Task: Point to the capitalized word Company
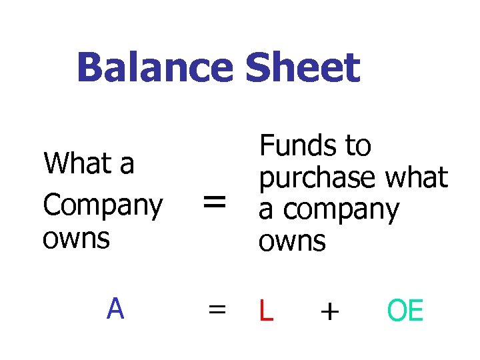(x=102, y=207)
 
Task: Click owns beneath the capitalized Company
(x=76, y=238)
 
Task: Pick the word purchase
(x=317, y=177)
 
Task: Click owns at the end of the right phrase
(x=292, y=241)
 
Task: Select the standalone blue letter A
(x=115, y=309)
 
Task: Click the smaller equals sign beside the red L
(x=215, y=311)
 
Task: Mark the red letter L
(x=265, y=311)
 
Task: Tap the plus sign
(x=329, y=311)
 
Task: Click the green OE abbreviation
(x=405, y=311)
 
